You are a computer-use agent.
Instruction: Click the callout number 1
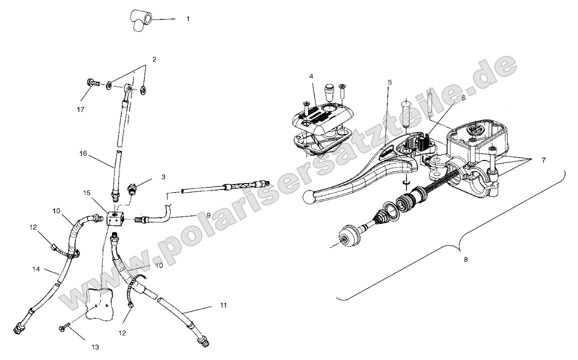[187, 18]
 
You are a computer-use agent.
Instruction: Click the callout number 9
[193, 215]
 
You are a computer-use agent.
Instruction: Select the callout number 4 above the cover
[310, 76]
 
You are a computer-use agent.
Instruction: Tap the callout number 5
[389, 81]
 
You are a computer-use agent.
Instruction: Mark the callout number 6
[463, 98]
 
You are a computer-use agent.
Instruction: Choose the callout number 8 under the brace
[466, 260]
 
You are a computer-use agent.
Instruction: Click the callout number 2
[154, 59]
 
